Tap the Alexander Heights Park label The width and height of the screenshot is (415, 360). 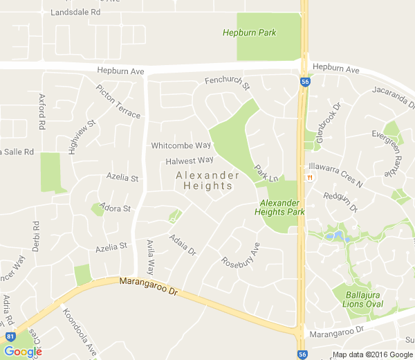click(282, 207)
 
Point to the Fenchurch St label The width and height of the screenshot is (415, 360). click(228, 82)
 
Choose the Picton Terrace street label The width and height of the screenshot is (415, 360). click(118, 102)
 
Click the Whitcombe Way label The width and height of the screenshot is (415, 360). click(181, 145)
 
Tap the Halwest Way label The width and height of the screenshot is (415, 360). click(190, 161)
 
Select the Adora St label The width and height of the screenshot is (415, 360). click(116, 208)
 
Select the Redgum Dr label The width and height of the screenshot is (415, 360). click(340, 201)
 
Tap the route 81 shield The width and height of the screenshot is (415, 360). click(10, 336)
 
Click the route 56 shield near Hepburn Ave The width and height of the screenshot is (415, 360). click(305, 81)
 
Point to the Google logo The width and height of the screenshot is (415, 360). click(22, 351)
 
